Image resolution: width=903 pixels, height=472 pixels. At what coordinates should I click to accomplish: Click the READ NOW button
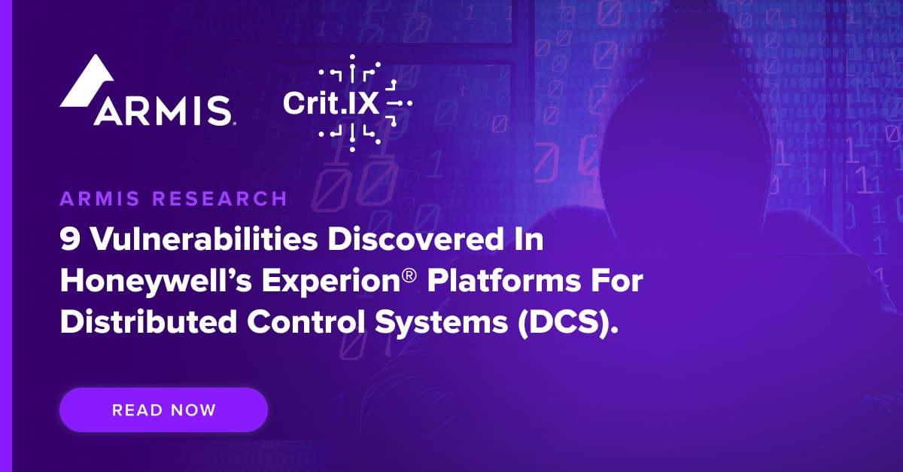(x=163, y=410)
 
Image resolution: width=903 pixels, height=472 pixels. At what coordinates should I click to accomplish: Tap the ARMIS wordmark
(x=162, y=111)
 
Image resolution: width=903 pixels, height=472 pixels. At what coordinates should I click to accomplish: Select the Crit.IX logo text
(x=331, y=102)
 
